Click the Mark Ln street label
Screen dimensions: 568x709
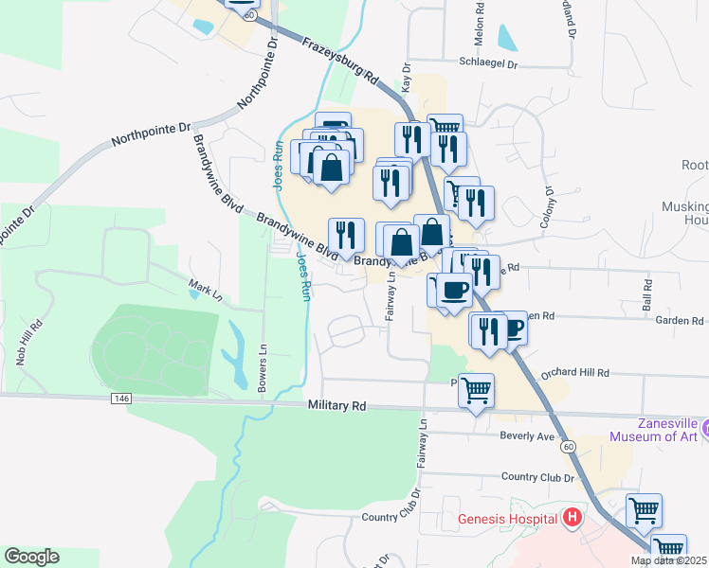(x=205, y=291)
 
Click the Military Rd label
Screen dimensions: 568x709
(x=336, y=405)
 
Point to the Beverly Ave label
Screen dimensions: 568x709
(x=527, y=436)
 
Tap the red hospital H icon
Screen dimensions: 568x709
(x=572, y=518)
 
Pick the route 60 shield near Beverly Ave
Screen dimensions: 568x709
(x=567, y=446)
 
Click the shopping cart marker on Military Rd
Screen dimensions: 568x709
(x=476, y=389)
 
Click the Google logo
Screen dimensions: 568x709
(x=31, y=557)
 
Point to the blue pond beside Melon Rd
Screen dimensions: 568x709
(x=507, y=37)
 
